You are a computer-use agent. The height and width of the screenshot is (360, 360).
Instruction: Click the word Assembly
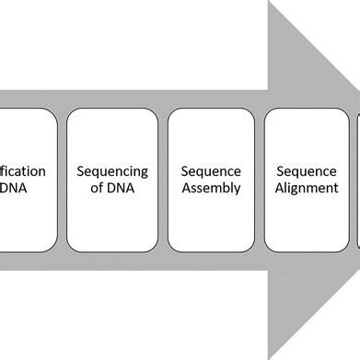211,189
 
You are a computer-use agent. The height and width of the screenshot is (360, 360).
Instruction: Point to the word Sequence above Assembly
211,170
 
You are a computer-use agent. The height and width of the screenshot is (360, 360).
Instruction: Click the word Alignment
308,189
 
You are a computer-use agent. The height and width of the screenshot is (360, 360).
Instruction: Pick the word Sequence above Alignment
308,170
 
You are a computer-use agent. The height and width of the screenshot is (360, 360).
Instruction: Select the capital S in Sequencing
81,170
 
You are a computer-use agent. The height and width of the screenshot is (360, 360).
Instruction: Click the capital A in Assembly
185,189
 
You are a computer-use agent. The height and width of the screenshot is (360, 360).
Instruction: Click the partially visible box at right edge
357,180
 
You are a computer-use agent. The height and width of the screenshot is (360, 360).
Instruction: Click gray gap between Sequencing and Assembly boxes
160,180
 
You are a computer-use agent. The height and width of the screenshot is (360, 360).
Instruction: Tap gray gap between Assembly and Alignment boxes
260,180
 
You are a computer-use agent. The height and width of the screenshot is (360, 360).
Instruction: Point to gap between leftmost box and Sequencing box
62,180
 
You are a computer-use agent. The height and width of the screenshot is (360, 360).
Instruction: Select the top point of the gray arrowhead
270,3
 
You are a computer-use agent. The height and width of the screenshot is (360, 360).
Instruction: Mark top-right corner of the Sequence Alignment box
348,111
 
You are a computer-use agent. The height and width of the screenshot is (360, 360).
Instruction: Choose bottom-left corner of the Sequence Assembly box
169,250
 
